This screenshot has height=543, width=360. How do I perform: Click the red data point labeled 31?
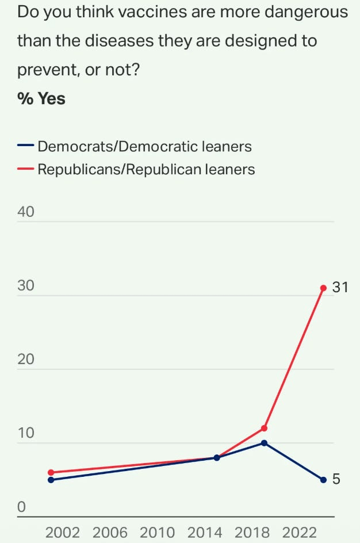(323, 288)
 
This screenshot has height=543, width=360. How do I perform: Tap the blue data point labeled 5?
(323, 480)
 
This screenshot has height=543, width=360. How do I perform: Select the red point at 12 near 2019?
(264, 428)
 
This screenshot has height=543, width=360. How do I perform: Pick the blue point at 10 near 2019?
(264, 443)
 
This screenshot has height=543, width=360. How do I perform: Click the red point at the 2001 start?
(51, 472)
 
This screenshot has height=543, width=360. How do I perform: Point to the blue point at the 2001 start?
(51, 480)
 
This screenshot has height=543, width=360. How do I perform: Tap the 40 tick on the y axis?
(26, 212)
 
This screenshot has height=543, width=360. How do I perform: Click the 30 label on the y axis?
(26, 286)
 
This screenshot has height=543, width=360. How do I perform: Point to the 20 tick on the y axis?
(26, 360)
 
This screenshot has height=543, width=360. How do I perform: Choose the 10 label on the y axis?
(26, 433)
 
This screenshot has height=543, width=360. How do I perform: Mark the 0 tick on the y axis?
(22, 507)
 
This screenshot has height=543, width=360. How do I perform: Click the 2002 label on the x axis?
(62, 531)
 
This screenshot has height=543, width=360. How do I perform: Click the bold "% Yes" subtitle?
(41, 99)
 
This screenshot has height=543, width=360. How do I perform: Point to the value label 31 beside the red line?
(340, 287)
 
